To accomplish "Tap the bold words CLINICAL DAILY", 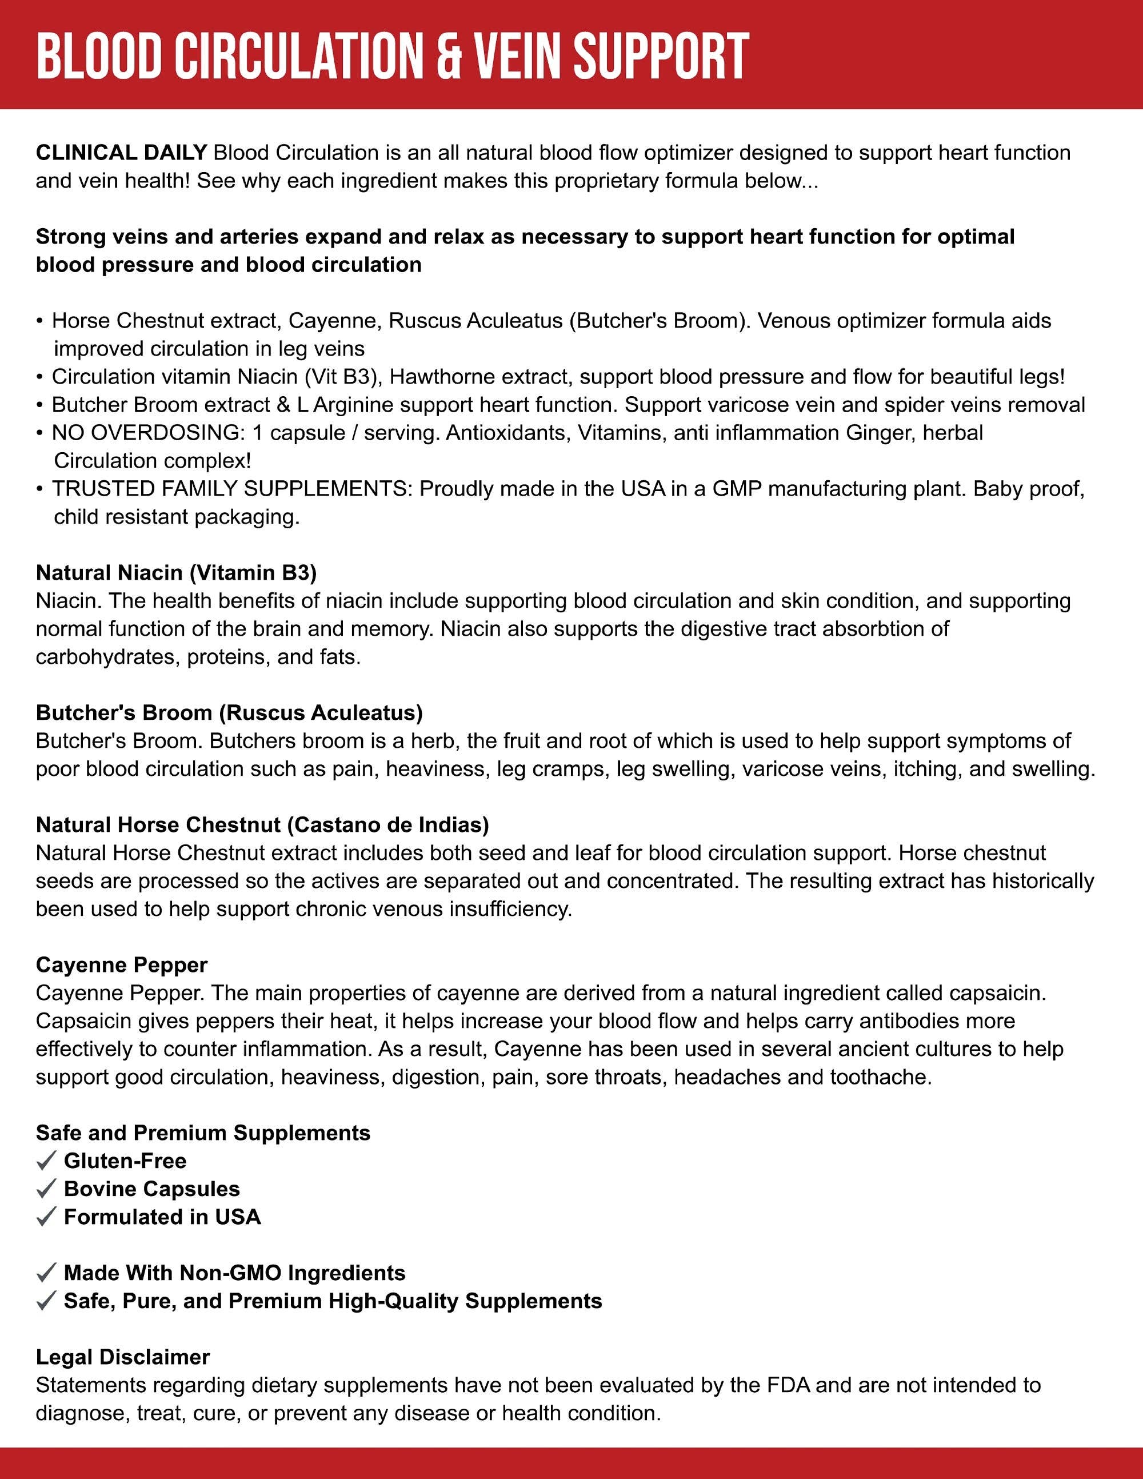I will tap(121, 153).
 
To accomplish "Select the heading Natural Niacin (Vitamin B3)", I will tap(176, 573).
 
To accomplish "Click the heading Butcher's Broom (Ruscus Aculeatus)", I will tap(229, 712).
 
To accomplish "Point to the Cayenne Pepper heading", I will tap(121, 964).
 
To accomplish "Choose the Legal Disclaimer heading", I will tap(122, 1357).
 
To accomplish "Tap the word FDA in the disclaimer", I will tap(788, 1385).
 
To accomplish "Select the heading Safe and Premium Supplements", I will tap(203, 1133).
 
